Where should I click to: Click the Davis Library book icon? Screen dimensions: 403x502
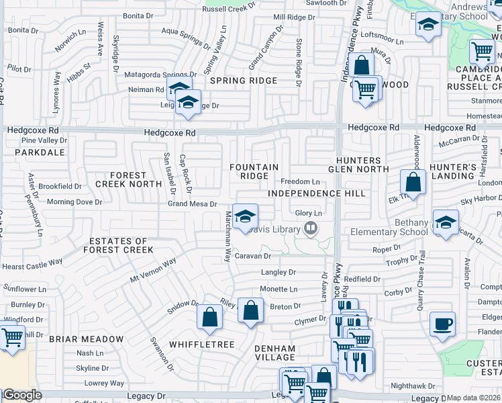coord(310,229)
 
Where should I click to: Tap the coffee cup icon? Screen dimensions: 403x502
coord(442,323)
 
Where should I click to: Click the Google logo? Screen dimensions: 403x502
coord(22,395)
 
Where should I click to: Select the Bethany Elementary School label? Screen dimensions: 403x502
coord(389,227)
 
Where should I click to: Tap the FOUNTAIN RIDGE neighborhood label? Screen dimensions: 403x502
coord(254,171)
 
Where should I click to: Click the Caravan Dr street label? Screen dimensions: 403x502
coord(252,256)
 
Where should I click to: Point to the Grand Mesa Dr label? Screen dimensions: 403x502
coord(192,204)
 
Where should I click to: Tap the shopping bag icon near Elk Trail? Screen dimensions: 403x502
coord(413,181)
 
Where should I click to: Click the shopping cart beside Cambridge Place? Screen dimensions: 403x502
coord(481,50)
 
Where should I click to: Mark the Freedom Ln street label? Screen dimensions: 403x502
coord(299,181)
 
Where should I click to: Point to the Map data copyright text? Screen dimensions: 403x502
coord(473,398)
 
